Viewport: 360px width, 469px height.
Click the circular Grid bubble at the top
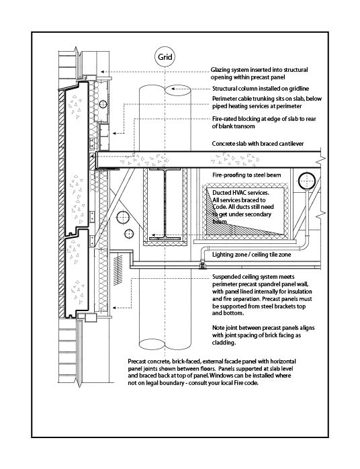pyautogui.click(x=165, y=57)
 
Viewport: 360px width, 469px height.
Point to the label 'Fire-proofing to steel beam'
pyautogui.click(x=245, y=175)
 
